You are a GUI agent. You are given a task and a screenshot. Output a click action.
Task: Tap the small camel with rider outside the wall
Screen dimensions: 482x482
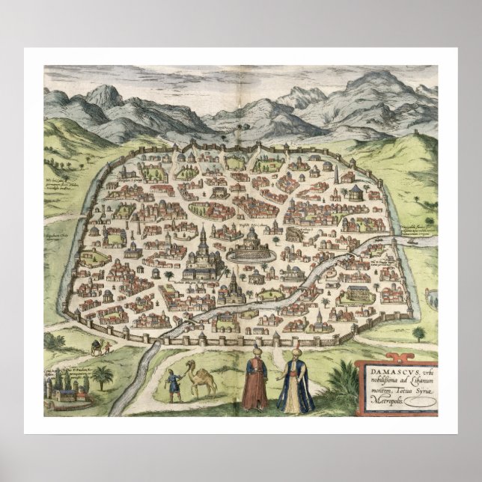pos(98,346)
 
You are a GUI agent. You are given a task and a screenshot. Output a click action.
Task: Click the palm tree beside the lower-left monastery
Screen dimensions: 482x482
pos(103,375)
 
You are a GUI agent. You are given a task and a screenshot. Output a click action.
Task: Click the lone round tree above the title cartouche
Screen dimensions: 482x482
pos(418,332)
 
